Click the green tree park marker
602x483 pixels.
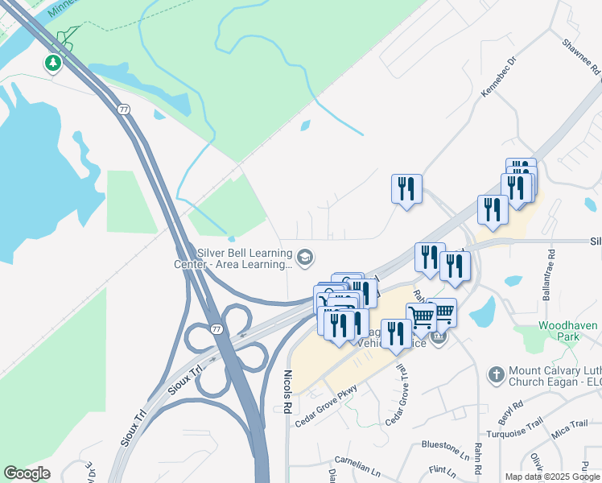[x=53, y=62]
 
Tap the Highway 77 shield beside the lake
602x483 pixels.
[x=123, y=109]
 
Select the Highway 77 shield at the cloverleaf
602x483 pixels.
[x=216, y=329]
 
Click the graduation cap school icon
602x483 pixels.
[x=304, y=258]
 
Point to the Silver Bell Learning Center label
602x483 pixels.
[x=233, y=258]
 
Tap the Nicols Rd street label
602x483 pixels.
[x=287, y=390]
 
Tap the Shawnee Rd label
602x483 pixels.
[x=582, y=57]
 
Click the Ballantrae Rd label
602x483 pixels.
[x=552, y=278]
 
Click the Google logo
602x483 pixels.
[x=27, y=473]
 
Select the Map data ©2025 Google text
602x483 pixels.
[x=551, y=477]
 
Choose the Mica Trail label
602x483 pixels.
[x=571, y=428]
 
